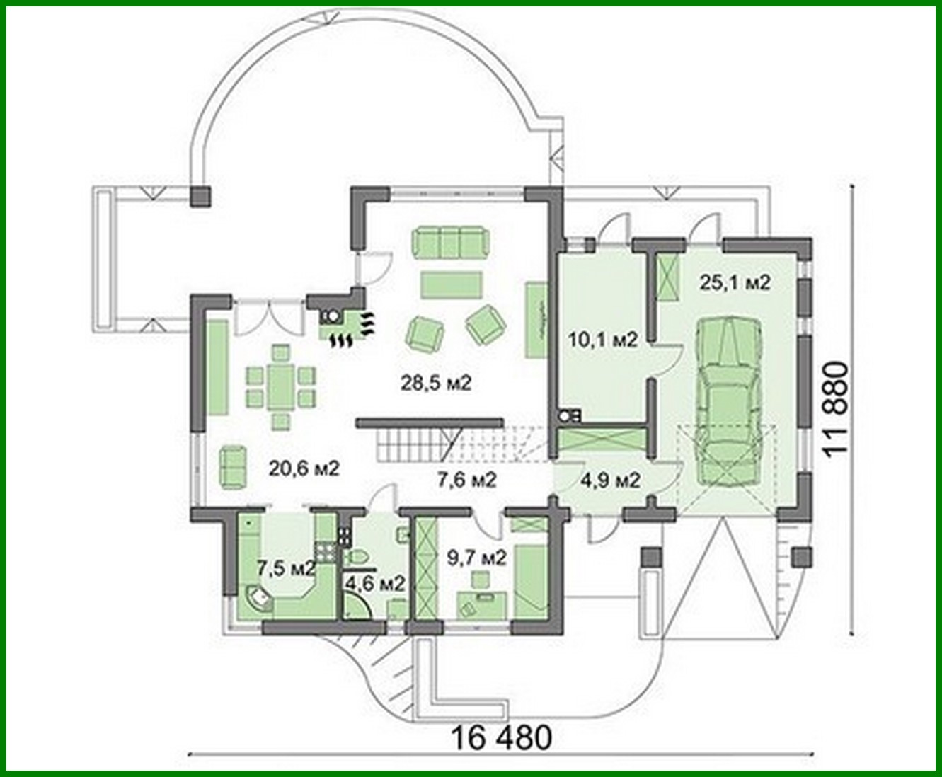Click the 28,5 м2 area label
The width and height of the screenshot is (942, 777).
(435, 384)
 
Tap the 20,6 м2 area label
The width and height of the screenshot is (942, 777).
(304, 468)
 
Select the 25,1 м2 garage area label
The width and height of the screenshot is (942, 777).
(734, 282)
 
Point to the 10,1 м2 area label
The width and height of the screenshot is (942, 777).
(603, 340)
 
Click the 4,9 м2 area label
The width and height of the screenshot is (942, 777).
(611, 480)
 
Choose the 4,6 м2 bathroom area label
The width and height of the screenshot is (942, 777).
(375, 585)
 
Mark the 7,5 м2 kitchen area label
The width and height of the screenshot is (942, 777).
(285, 568)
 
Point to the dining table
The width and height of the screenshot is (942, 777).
(280, 386)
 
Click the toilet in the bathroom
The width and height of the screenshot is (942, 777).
(360, 556)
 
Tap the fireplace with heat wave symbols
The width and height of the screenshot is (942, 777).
(345, 327)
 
